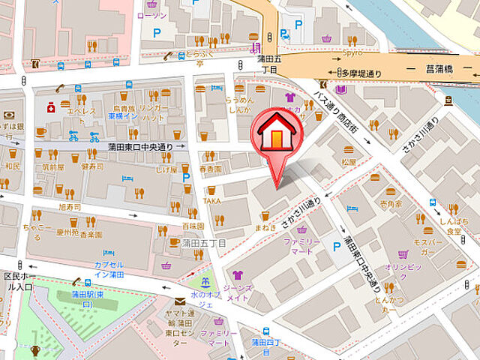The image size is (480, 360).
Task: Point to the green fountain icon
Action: tap(202, 283)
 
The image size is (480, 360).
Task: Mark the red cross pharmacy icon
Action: tap(50, 107)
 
